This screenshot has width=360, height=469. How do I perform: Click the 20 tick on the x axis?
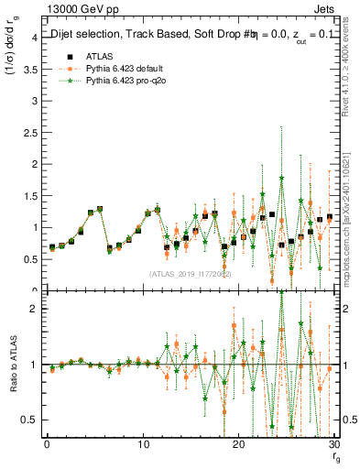[239, 444]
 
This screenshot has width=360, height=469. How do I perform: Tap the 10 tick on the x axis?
[143, 444]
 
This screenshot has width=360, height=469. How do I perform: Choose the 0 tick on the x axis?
[47, 444]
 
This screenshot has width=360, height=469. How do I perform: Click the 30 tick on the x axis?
[334, 444]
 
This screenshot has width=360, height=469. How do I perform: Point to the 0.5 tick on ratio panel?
[29, 420]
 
